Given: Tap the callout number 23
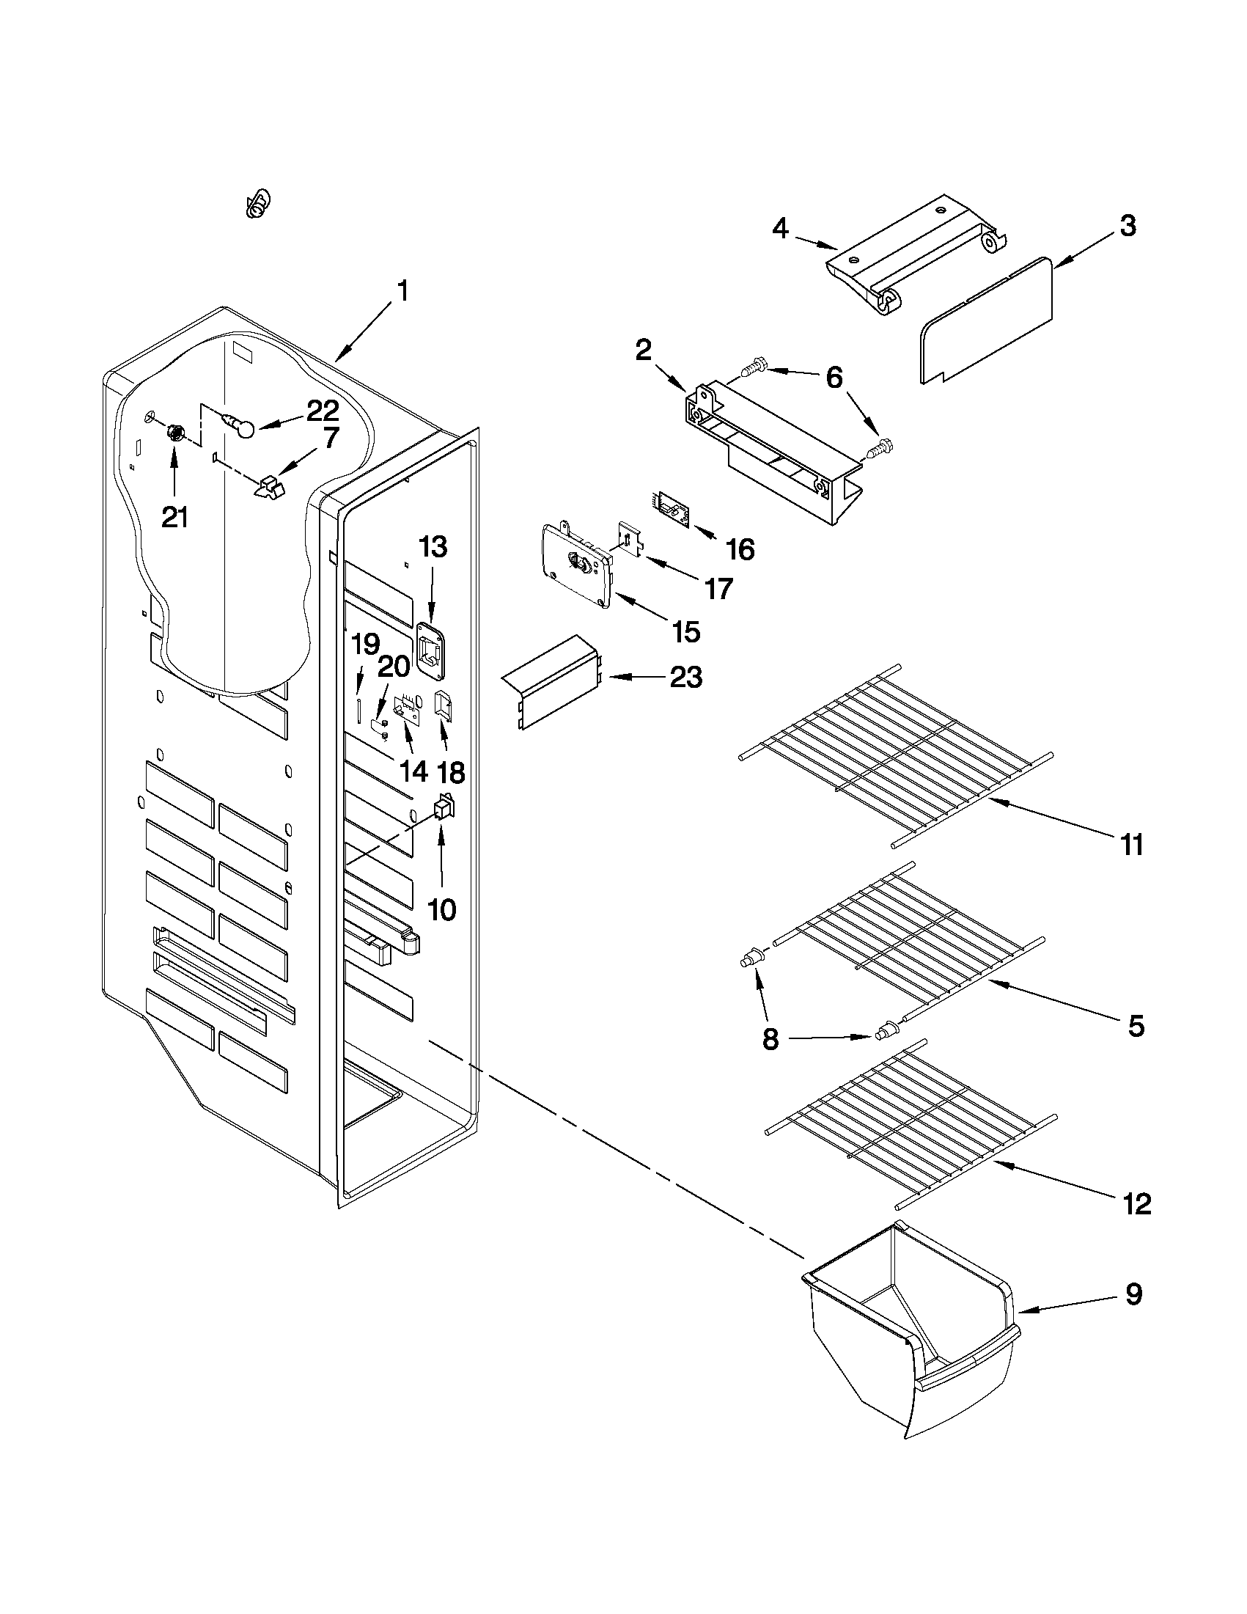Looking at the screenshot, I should pos(685,677).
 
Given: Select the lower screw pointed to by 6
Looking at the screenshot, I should pos(880,449).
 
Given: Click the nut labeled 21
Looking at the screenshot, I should pos(176,433).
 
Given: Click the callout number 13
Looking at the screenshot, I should pos(433,548).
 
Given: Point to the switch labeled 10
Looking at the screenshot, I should pos(444,809).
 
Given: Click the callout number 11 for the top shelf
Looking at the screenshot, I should pos(1132,844).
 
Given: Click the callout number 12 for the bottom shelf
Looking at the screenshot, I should pos(1137,1205).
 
